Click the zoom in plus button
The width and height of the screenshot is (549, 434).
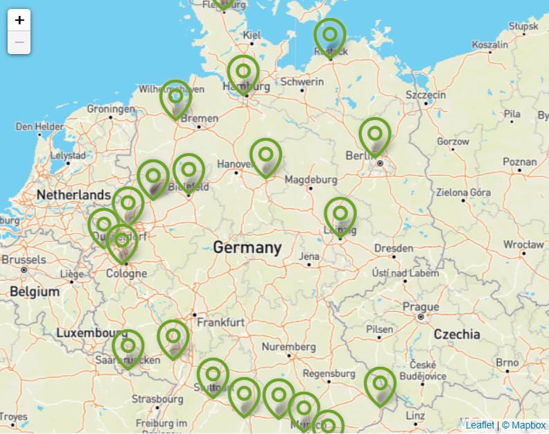coord(19,20)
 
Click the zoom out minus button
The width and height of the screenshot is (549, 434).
coord(19,42)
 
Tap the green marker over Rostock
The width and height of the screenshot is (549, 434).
coord(330,35)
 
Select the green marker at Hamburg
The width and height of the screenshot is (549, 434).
coord(243,73)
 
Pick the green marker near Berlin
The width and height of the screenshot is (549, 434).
coord(375,134)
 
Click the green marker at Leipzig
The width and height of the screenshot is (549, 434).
coord(340,215)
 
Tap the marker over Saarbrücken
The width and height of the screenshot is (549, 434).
coord(128,347)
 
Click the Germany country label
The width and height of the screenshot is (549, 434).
coord(247,248)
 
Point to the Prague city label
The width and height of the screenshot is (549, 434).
coord(421,306)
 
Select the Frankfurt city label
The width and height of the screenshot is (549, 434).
coord(220,322)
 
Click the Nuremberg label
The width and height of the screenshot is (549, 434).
coord(289,346)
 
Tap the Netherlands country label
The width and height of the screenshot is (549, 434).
coord(73,195)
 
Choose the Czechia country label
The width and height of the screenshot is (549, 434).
coord(457,334)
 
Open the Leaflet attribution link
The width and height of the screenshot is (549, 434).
coord(480,425)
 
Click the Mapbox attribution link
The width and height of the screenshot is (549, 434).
coord(528,425)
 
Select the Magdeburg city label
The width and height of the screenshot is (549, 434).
coord(311,180)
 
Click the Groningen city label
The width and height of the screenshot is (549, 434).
coord(111,109)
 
